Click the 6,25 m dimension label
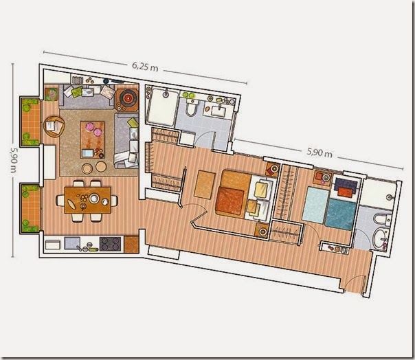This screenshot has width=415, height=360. (x=145, y=67)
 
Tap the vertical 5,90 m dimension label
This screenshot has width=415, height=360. (x=13, y=159)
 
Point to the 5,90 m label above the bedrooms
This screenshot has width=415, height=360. (x=319, y=153)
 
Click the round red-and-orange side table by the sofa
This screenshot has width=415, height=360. (x=128, y=98)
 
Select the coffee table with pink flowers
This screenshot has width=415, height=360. (x=92, y=140)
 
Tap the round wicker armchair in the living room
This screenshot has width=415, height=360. (x=54, y=126)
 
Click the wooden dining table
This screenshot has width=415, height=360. (x=88, y=200)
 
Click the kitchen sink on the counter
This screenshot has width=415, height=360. (x=72, y=243)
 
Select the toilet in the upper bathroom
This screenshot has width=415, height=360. (x=191, y=108)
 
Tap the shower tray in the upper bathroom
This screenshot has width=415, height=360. (x=162, y=107)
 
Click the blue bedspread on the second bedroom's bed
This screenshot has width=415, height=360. (x=340, y=214)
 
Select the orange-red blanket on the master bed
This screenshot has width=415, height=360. (x=229, y=201)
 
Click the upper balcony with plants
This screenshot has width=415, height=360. (x=30, y=121)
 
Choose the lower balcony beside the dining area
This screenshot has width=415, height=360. (x=30, y=209)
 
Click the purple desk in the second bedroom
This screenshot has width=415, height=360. (x=346, y=184)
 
